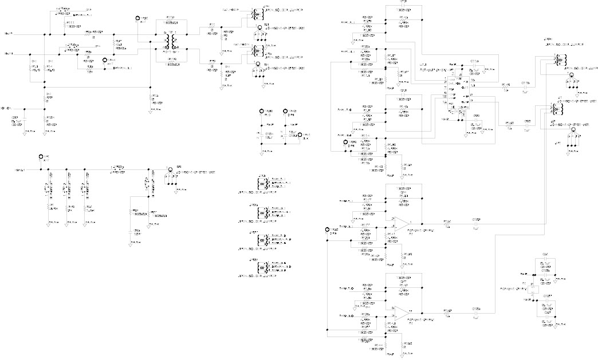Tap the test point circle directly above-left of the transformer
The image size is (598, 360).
point(137,19)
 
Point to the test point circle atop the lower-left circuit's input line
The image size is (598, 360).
point(41,157)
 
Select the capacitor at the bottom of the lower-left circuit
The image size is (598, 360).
point(136,232)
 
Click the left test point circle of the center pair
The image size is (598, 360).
point(262,111)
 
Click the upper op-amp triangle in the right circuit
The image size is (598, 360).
point(403,221)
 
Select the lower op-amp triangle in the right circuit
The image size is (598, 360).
point(403,312)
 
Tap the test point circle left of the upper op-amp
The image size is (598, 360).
point(327,230)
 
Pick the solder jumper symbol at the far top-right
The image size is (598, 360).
point(558,59)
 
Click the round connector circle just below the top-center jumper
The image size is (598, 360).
point(259,27)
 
